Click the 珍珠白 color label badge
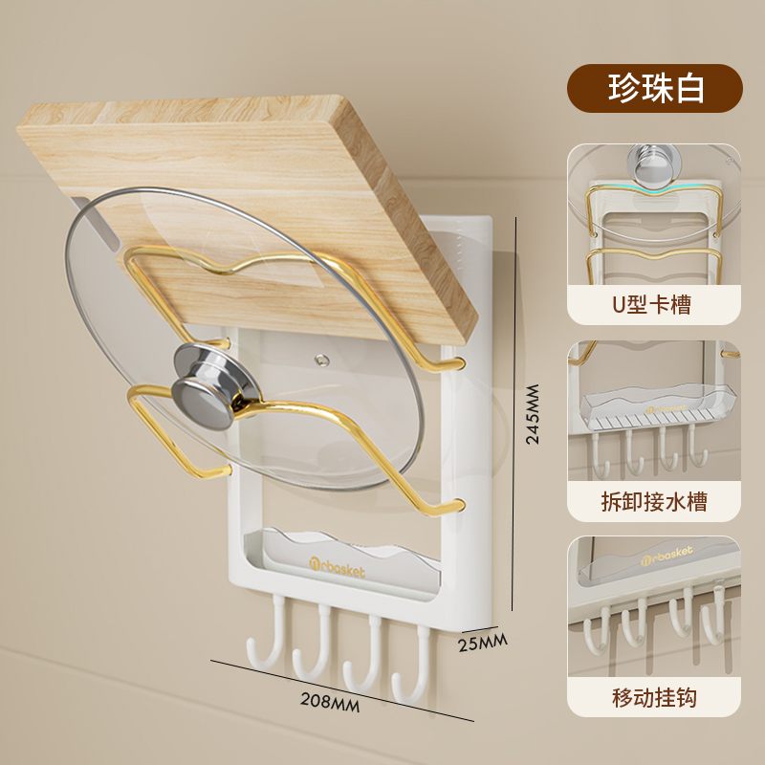[655, 89]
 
